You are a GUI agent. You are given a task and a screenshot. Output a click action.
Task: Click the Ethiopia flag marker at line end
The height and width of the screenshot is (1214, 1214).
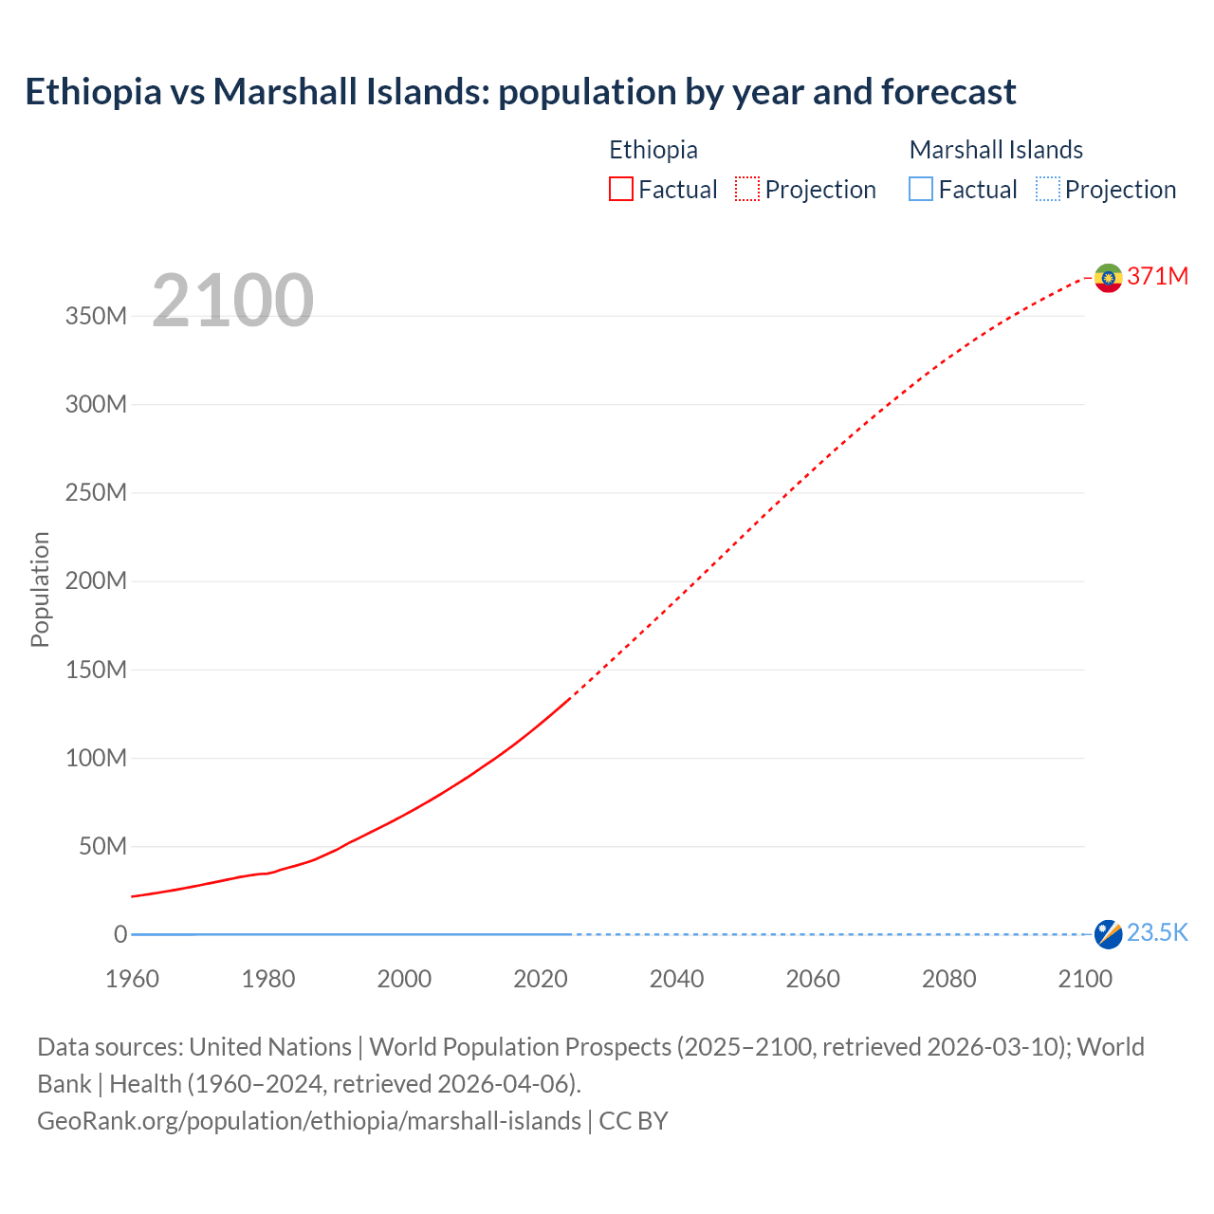point(1108,278)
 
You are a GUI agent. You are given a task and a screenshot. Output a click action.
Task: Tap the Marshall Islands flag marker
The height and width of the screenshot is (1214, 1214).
point(1108,934)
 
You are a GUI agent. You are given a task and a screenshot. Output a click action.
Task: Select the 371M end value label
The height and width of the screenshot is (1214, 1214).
point(1157,276)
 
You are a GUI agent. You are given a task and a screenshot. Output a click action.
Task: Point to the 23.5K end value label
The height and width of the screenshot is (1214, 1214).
point(1157,933)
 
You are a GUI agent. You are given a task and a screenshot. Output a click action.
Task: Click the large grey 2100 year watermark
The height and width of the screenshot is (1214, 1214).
point(232,301)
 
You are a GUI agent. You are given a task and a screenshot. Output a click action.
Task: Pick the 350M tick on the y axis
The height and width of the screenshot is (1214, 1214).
point(96,316)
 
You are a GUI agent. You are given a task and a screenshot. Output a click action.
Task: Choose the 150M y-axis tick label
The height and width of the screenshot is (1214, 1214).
point(96,670)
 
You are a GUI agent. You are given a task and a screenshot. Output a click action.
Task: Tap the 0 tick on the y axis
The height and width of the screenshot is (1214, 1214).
point(120,934)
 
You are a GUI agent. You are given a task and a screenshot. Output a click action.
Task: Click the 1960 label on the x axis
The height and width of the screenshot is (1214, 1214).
point(132,979)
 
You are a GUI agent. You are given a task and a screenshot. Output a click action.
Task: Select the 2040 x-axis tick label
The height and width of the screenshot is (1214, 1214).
point(676,979)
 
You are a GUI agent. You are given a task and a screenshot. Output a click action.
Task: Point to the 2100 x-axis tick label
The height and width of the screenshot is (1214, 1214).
point(1084,979)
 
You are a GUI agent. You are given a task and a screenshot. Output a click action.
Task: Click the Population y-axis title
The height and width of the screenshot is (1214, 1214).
point(40,589)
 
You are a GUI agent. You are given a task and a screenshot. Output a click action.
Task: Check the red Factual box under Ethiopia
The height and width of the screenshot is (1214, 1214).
point(621,190)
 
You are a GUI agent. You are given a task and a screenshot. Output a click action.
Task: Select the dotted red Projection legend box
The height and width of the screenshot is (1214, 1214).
point(747,190)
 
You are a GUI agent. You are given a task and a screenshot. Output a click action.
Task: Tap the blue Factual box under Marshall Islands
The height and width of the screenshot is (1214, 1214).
point(921,190)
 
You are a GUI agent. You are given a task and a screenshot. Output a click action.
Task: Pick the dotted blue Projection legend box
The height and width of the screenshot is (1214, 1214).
point(1048,190)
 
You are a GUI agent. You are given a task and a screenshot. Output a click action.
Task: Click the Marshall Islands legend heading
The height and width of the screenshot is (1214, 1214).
point(996,150)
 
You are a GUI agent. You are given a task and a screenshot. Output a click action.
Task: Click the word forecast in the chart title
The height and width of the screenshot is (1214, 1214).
point(948,92)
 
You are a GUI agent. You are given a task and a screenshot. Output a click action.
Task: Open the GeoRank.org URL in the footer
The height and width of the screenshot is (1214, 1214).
point(309,1121)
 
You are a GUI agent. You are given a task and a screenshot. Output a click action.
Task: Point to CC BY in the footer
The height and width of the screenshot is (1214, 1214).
point(634,1121)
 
